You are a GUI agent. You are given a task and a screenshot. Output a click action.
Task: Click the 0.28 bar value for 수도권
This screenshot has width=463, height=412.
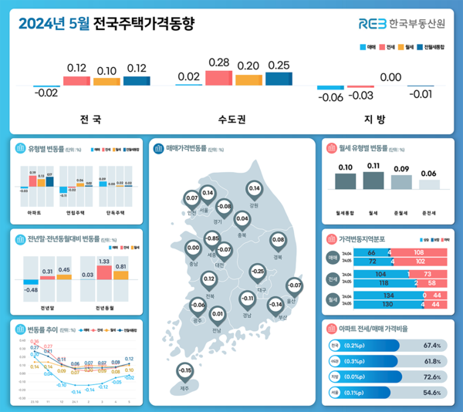219,61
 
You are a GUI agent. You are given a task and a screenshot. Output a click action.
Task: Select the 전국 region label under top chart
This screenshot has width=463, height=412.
90,120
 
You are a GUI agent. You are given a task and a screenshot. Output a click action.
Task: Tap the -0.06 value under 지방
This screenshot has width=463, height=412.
332,97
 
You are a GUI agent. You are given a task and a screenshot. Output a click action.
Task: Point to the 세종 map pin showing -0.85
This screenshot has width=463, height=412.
212,238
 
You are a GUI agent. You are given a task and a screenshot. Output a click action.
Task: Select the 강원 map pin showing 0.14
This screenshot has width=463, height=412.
255,188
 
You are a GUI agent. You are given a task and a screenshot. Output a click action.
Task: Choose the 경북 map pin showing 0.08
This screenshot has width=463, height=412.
278,240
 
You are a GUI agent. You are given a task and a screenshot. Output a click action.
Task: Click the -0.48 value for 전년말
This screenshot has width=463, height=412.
32,289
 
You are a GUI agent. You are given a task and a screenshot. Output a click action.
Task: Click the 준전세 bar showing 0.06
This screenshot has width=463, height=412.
429,184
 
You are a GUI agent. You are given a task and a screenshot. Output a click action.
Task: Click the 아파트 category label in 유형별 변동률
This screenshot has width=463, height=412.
34,211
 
